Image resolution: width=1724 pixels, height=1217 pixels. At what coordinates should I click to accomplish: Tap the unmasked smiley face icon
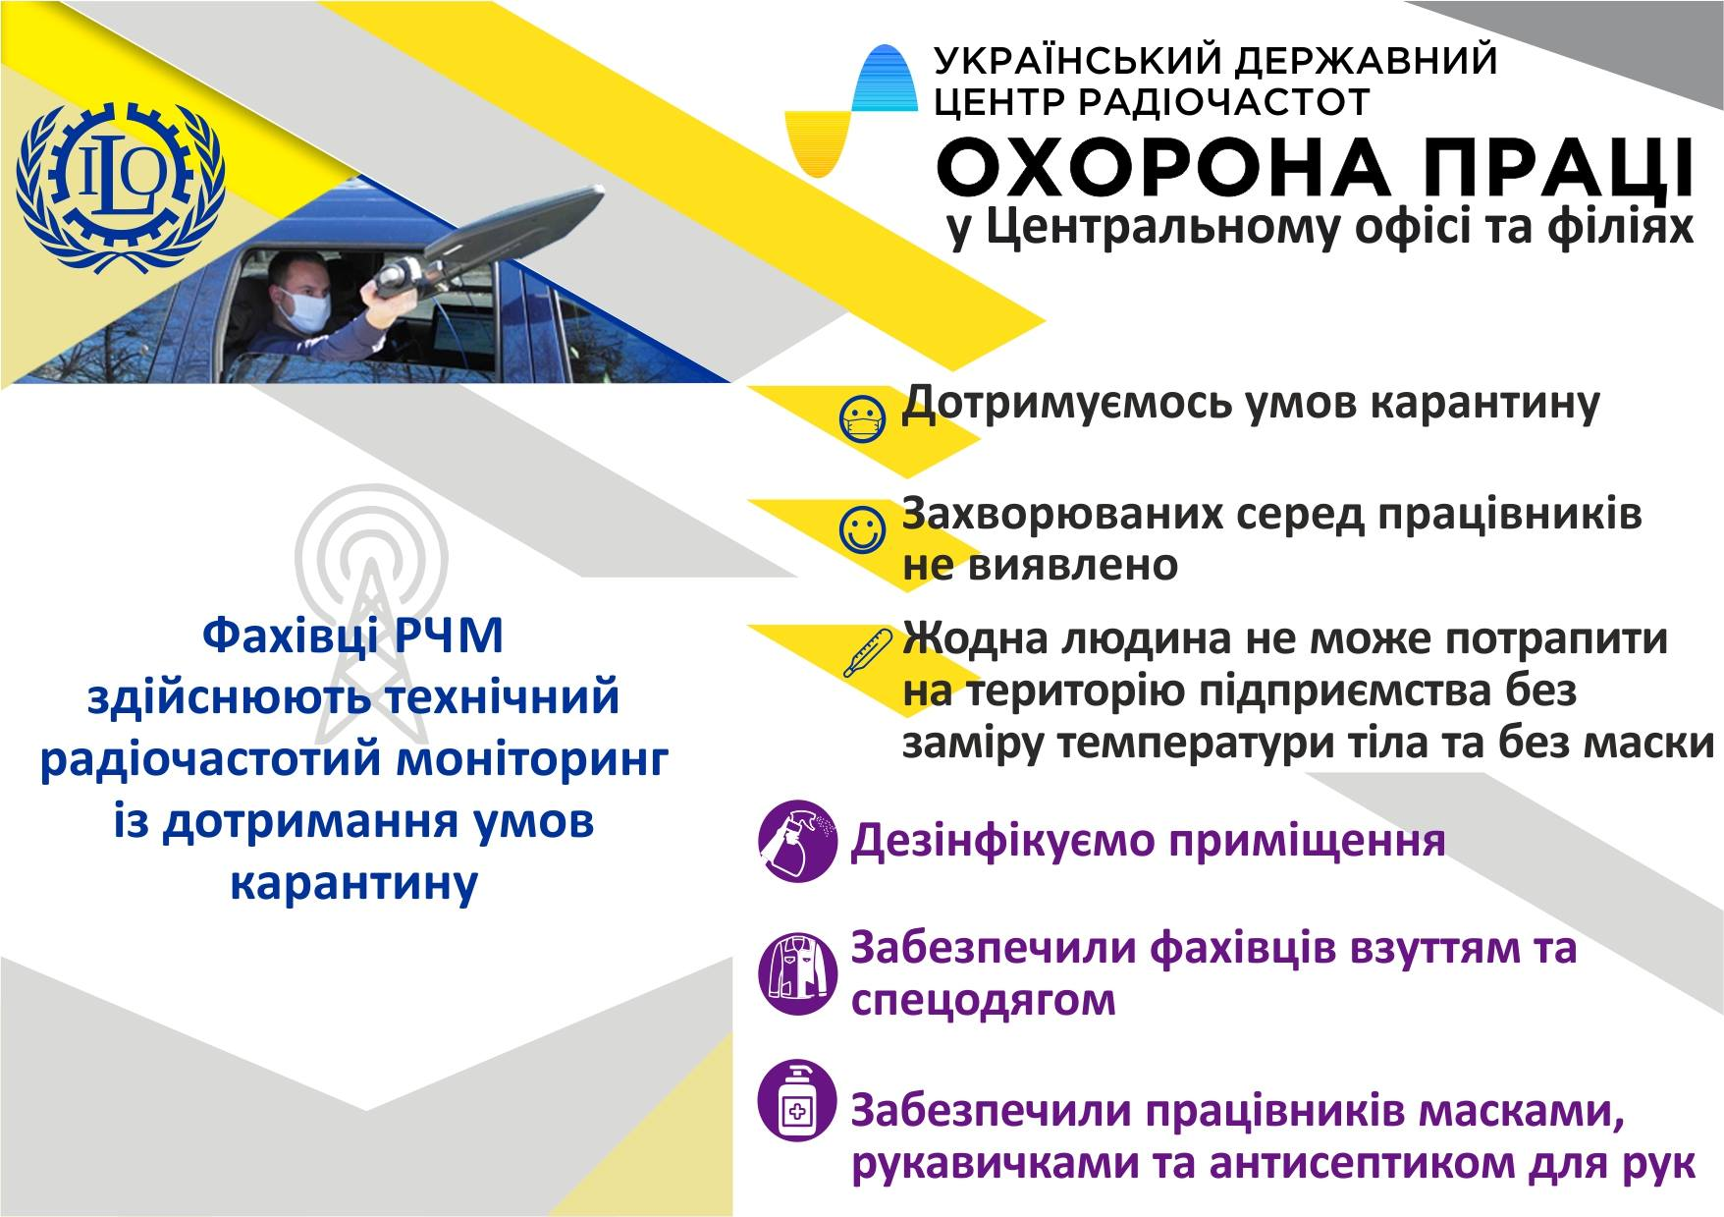click(x=865, y=528)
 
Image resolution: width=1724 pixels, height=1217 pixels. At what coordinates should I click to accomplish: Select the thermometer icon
click(x=869, y=653)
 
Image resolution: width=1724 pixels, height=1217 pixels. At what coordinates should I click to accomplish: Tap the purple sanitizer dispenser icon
click(x=798, y=1100)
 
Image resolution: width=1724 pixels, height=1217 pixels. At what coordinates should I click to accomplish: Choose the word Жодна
click(x=972, y=638)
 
